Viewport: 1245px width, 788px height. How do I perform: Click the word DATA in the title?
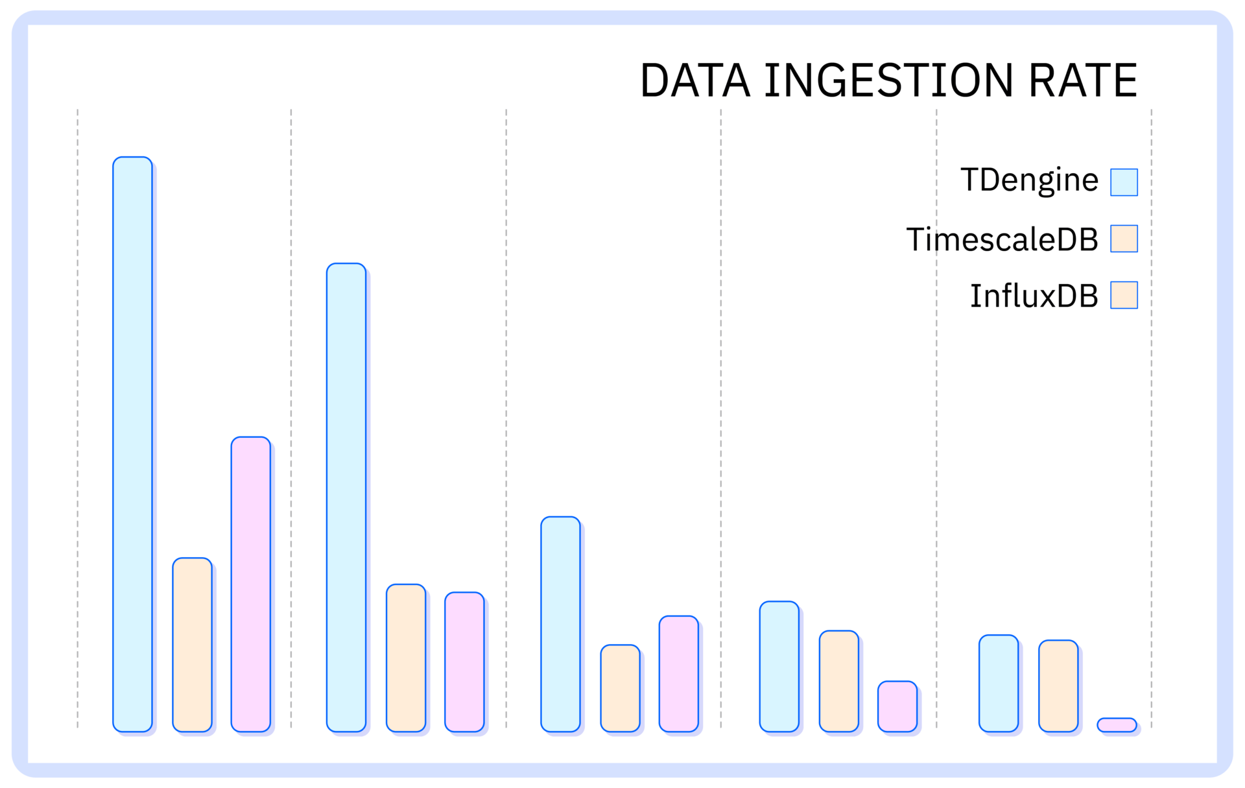pos(695,80)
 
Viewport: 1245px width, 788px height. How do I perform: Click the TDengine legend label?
pos(1030,180)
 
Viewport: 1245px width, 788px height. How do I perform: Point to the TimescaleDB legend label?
pos(1002,239)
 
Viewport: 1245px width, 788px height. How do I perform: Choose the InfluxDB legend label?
pos(1034,296)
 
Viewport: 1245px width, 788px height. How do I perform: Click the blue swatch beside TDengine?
pos(1124,182)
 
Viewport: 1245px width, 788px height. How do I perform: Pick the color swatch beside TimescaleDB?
pos(1124,239)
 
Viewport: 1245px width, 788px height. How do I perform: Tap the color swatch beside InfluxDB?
pos(1124,295)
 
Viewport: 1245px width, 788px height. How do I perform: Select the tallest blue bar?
pos(132,444)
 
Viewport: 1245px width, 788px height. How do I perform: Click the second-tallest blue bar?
pos(346,497)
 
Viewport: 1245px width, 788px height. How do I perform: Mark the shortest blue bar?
pos(999,684)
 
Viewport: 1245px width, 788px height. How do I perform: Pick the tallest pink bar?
pos(251,584)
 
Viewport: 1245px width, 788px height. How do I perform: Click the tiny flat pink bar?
pos(1117,725)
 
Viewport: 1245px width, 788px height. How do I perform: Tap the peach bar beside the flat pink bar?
pos(1058,686)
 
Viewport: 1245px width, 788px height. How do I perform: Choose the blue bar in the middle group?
pos(560,625)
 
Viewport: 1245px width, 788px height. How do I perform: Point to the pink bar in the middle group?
pos(679,674)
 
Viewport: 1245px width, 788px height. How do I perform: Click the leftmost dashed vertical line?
pos(78,418)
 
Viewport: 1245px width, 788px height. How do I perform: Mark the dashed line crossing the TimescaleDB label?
pos(936,418)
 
